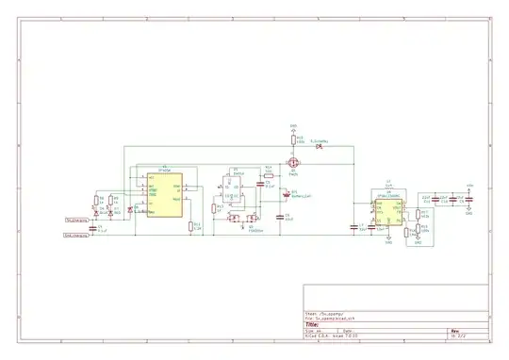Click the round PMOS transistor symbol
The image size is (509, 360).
click(293, 163)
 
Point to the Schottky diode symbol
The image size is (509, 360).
click(320, 146)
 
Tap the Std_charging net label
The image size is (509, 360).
click(76, 221)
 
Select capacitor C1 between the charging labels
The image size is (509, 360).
click(92, 228)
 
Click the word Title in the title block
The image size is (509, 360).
click(312, 325)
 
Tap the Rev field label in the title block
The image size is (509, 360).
click(453, 331)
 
